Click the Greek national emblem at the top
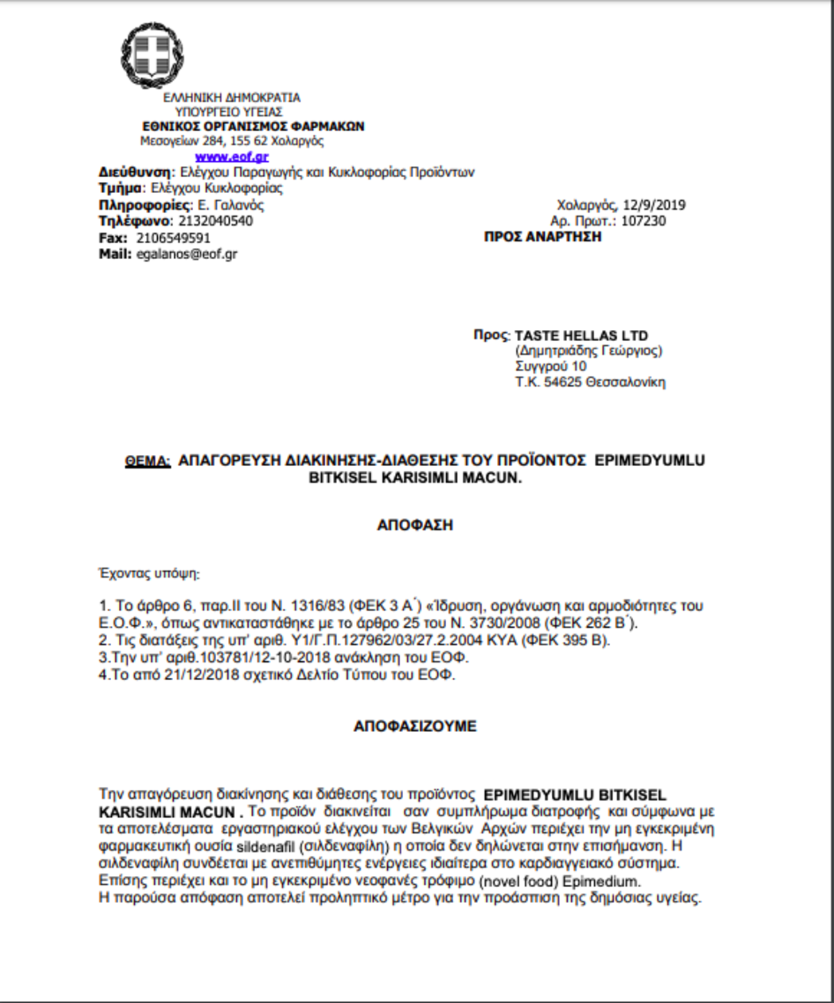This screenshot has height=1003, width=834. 152,55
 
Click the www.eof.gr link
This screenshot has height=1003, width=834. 231,157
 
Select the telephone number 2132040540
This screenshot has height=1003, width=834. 215,221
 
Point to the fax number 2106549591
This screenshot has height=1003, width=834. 173,238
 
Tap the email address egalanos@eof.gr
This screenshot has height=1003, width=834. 187,254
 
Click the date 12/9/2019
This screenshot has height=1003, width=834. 654,205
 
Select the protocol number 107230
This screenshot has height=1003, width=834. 643,221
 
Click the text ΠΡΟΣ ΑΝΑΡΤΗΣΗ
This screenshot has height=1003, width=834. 543,237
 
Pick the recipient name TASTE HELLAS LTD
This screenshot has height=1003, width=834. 581,335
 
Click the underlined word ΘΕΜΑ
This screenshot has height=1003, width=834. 147,461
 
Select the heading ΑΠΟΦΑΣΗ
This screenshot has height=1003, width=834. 415,525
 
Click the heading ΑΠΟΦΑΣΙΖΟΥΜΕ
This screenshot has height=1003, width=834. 415,727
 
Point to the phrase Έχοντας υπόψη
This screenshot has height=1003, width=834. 149,574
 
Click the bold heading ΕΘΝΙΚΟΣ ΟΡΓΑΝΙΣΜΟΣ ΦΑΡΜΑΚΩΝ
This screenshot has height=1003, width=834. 253,126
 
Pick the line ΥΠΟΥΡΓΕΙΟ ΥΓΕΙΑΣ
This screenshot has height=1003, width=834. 229,112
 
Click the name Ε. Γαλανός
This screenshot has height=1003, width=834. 231,205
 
